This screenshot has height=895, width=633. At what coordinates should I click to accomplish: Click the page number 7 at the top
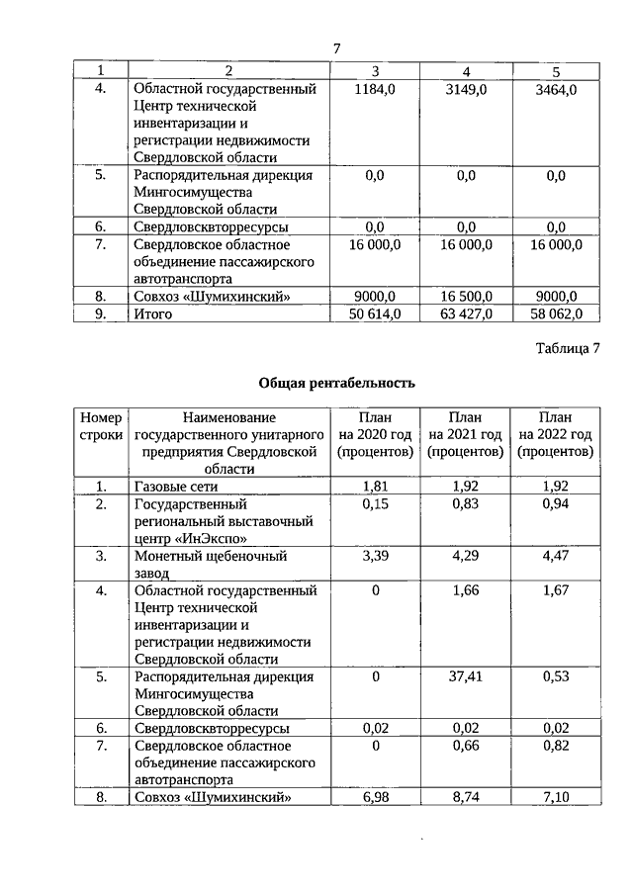point(336,48)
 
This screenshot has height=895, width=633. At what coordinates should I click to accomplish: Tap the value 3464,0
point(555,90)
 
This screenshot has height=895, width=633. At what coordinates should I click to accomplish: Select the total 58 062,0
point(555,313)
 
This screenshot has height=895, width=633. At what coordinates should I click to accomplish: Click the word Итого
point(153,313)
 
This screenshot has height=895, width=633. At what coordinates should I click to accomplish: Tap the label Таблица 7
point(568,348)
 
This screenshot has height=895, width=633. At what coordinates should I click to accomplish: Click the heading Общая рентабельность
point(336,383)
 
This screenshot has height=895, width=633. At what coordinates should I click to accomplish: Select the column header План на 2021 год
point(465,435)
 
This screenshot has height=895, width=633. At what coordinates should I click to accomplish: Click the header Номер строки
point(100,426)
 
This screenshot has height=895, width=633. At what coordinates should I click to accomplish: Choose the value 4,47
point(555,556)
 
